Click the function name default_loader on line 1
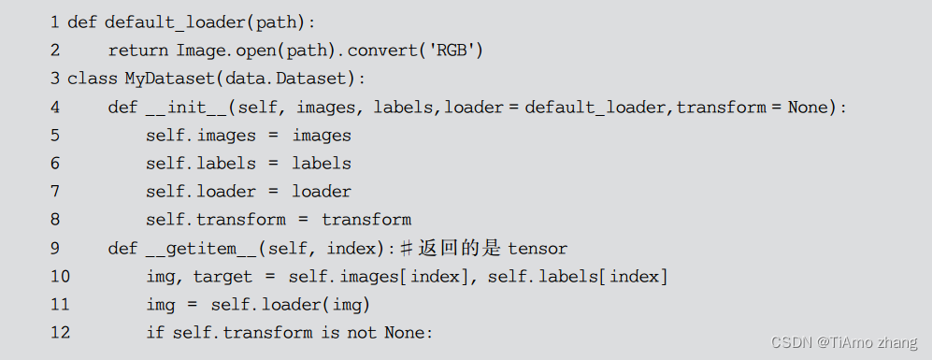(176, 22)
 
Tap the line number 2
(55, 50)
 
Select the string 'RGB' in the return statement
(452, 50)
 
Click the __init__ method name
(187, 108)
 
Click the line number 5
(55, 136)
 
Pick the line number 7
(55, 192)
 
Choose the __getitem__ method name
(202, 248)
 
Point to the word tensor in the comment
(538, 248)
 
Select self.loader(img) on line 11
(290, 305)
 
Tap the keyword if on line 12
(154, 332)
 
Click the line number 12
(60, 332)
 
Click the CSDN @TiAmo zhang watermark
(844, 342)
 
